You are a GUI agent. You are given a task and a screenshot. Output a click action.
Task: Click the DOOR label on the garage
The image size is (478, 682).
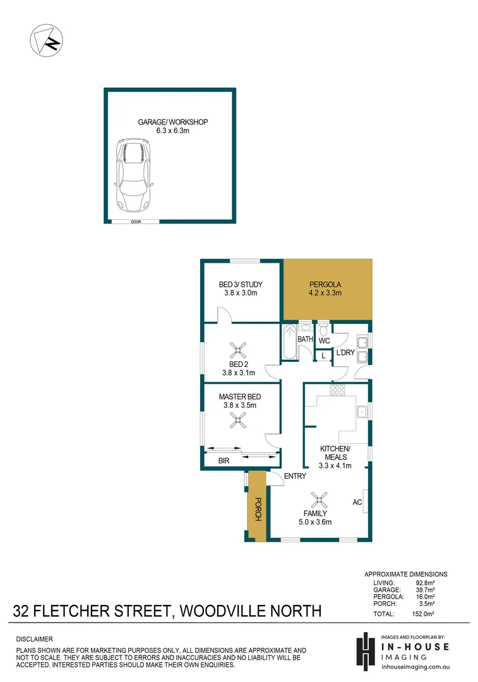pos(136,222)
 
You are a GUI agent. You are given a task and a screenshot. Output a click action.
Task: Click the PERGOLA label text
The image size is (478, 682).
pos(325,284)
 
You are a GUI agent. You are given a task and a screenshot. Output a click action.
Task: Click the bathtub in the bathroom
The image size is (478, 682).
pos(290,344)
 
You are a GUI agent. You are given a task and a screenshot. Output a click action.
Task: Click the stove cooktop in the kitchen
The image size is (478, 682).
pos(337,390)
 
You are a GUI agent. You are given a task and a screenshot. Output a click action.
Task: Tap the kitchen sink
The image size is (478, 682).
pos(362,412)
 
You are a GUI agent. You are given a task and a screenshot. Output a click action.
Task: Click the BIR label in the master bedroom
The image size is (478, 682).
pos(224,462)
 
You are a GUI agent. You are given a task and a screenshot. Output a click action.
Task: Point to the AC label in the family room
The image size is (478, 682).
pos(357,502)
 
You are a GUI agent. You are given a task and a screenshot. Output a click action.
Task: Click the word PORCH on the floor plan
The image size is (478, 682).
pos(258,509)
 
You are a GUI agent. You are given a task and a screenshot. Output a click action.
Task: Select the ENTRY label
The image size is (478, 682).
pos(295,476)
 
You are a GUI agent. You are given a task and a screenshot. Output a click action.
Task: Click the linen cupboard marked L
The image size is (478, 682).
pos(323,356)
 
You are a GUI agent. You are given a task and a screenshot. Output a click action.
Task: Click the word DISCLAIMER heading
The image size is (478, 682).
pos(35,639)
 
